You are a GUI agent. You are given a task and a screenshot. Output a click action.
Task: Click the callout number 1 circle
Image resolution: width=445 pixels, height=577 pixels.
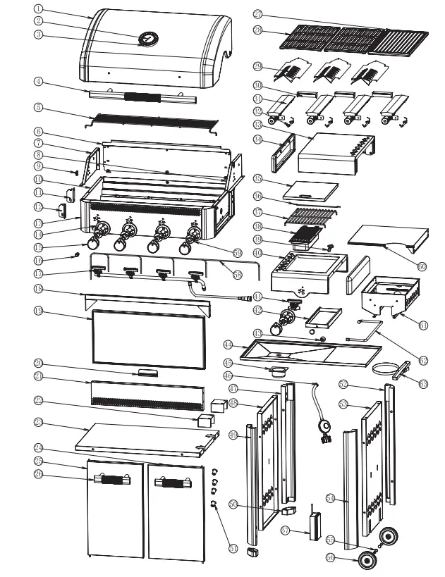click(x=39, y=9)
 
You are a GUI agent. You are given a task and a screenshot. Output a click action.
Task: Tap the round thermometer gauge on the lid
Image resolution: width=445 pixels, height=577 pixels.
click(x=148, y=39)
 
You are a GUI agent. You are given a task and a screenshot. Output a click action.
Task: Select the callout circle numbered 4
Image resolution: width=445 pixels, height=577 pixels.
click(x=39, y=82)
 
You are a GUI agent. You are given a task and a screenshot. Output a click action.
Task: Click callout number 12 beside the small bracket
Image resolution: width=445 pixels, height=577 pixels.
click(x=39, y=206)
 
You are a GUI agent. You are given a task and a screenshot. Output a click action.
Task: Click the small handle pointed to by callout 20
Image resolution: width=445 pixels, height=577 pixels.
click(x=148, y=373)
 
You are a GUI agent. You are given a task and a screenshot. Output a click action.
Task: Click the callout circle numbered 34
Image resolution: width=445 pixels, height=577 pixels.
click(x=257, y=140)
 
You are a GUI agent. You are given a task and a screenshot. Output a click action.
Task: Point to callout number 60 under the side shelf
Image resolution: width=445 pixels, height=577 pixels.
click(x=422, y=266)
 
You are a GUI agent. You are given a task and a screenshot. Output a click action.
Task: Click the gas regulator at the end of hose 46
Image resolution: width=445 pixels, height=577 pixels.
click(x=326, y=429)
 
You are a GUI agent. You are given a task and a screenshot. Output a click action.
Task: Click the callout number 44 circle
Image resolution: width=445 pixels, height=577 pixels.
click(x=228, y=345)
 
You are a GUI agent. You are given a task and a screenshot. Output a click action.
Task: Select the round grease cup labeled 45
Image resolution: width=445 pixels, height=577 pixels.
click(x=280, y=371)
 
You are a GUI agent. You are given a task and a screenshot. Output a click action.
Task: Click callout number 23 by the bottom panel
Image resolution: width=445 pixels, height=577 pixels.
click(x=39, y=423)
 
